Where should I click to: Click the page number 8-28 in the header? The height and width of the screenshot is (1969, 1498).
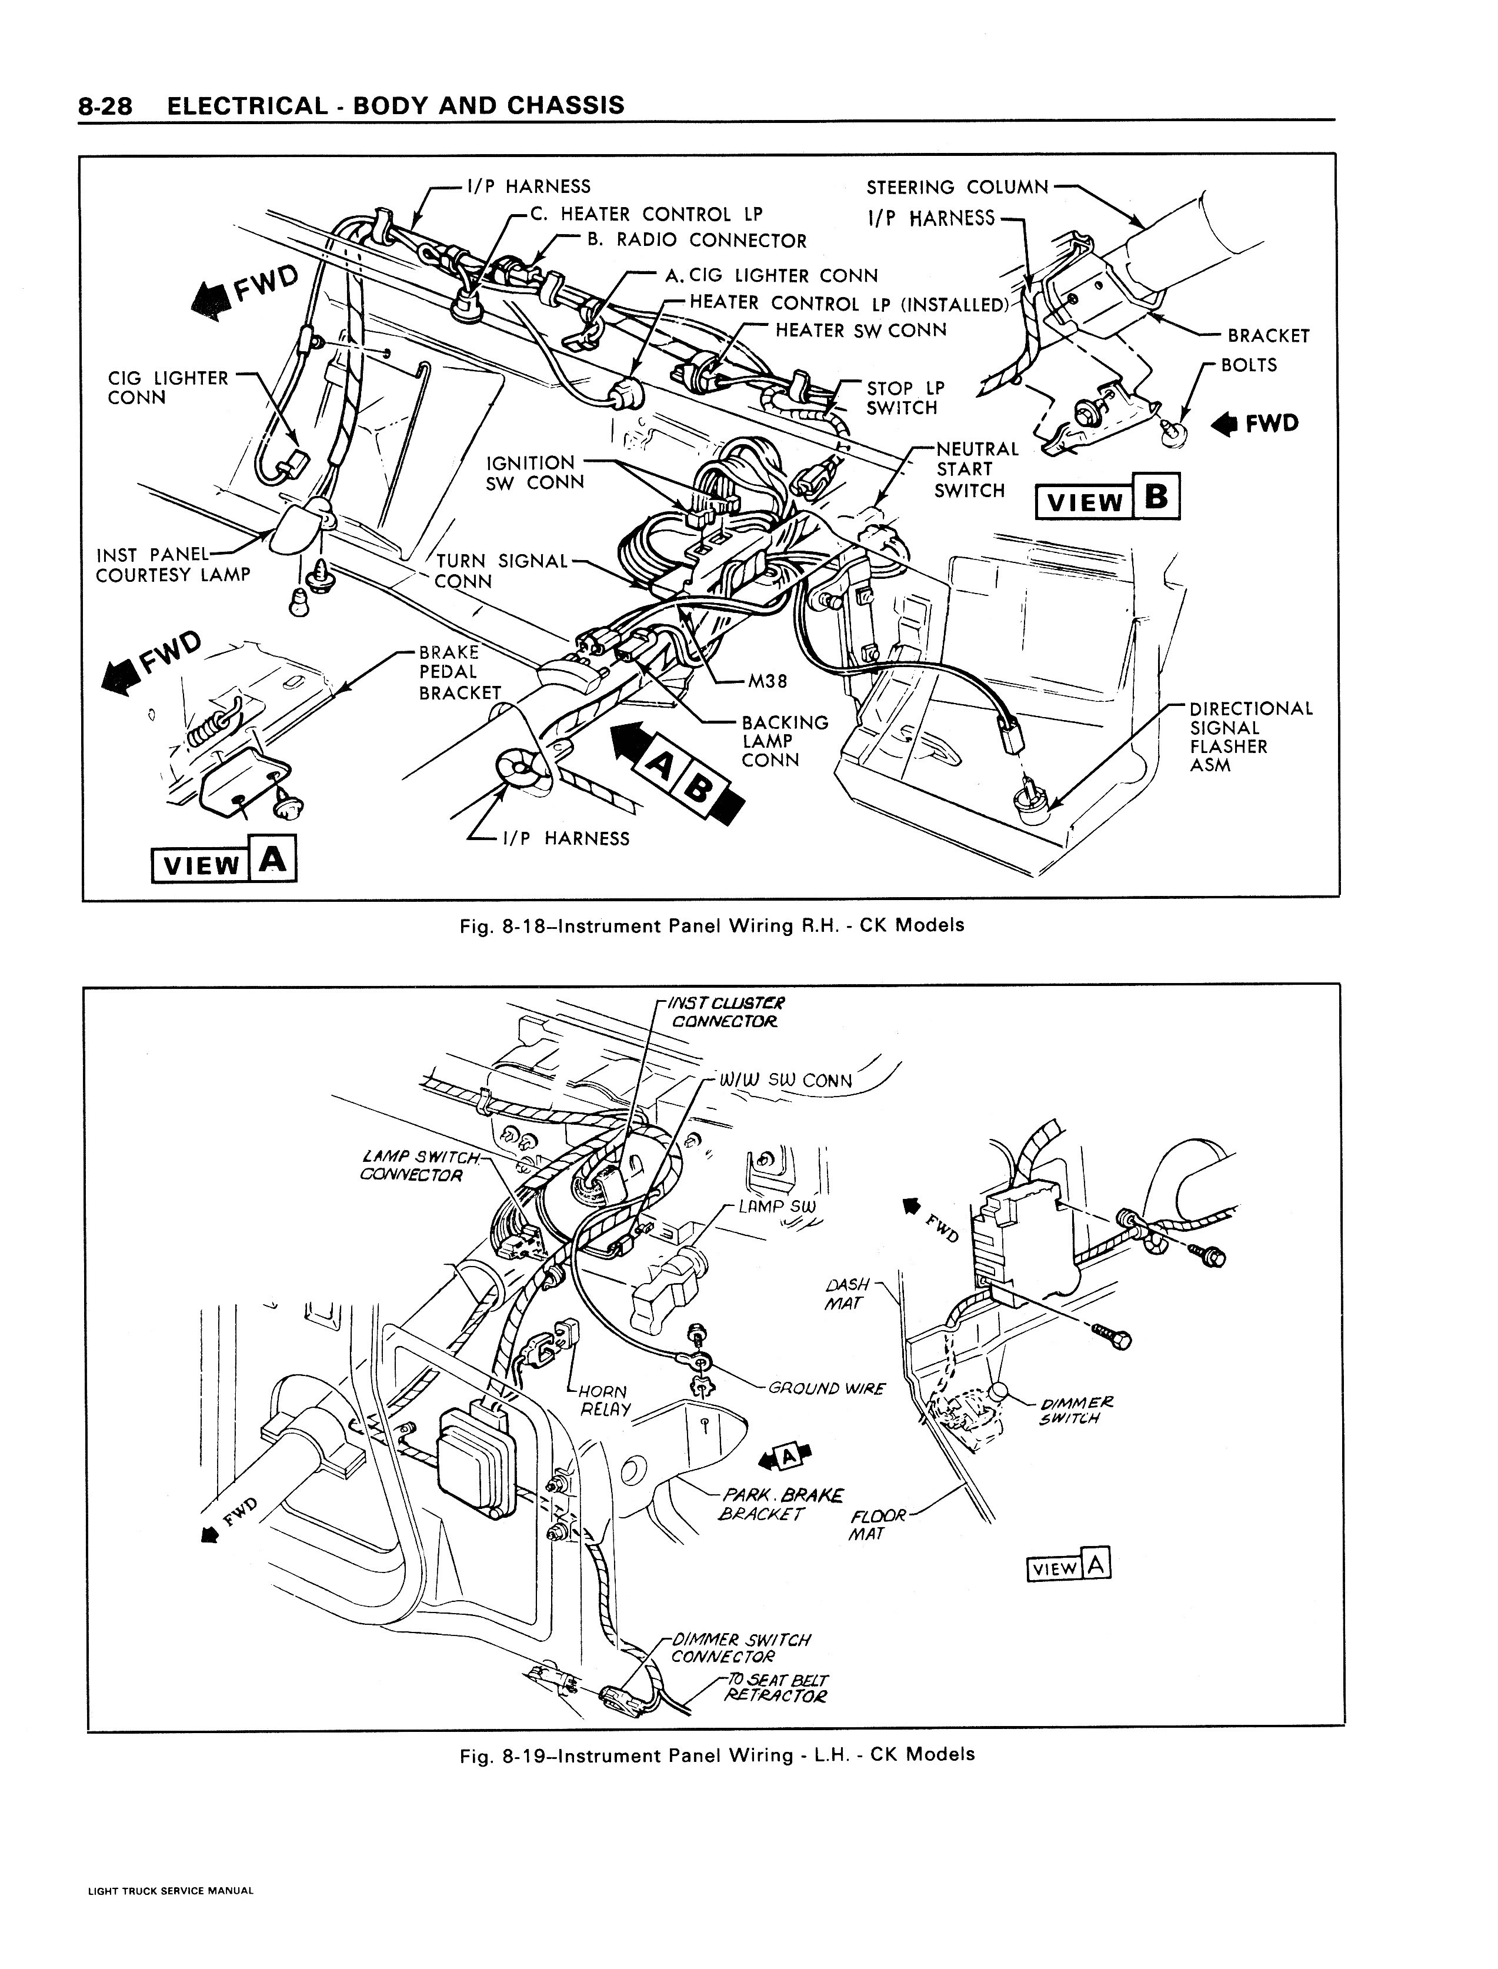tap(105, 106)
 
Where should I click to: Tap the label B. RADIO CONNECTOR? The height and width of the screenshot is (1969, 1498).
tap(696, 241)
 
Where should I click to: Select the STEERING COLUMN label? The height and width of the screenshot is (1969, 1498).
tap(957, 187)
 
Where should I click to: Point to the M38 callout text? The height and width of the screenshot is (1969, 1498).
tap(767, 681)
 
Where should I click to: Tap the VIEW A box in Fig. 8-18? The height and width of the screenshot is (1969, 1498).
tap(224, 861)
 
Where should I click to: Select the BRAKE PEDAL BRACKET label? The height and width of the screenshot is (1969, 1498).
tap(459, 672)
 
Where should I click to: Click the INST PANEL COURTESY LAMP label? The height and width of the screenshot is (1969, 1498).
tap(173, 565)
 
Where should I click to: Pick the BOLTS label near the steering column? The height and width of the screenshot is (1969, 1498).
tap(1248, 365)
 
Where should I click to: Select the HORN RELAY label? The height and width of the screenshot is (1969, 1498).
tap(605, 1400)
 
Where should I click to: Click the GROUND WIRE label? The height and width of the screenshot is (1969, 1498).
tap(826, 1388)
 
